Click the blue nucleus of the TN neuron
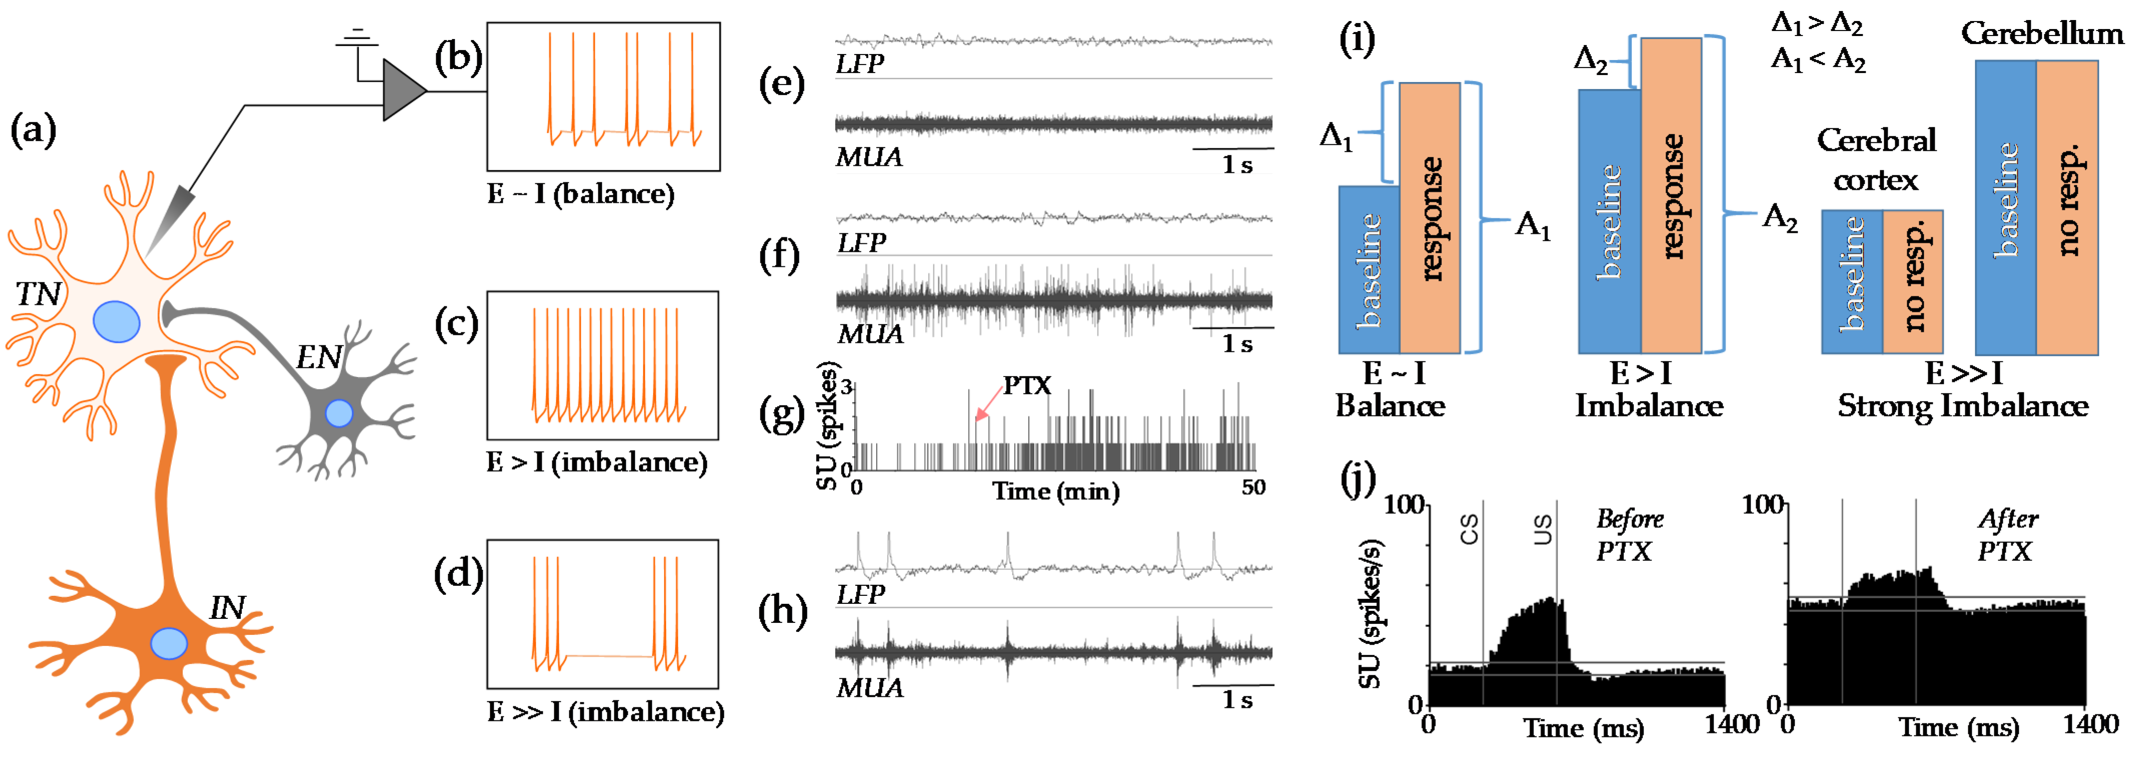(x=116, y=322)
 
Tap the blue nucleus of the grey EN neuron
(x=339, y=413)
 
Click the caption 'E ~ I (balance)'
(x=580, y=194)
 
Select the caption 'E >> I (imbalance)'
(x=605, y=712)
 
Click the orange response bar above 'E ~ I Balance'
(x=1429, y=217)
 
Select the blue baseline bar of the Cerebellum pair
(x=2005, y=207)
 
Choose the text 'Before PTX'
(x=1629, y=535)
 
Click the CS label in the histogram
(x=1469, y=529)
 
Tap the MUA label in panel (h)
(x=869, y=688)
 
